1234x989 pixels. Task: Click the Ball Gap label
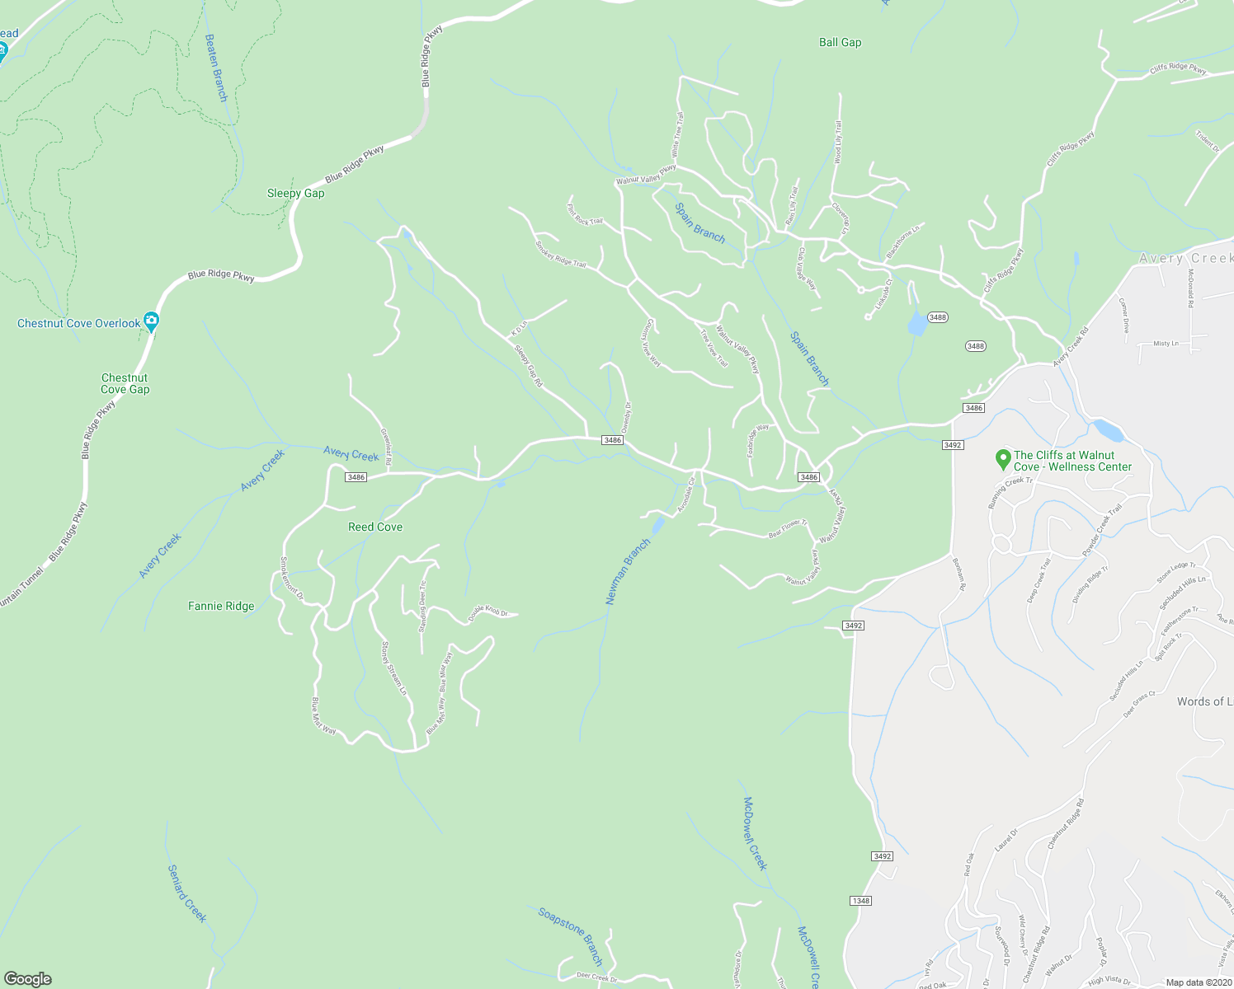tap(840, 43)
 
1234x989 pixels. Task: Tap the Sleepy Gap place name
tap(295, 194)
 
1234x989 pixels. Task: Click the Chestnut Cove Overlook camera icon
tap(151, 321)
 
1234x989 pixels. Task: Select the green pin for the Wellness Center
tap(1003, 458)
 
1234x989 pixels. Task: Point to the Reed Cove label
tap(375, 527)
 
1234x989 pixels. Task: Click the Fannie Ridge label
tap(221, 607)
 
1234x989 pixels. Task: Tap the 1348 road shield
tap(860, 901)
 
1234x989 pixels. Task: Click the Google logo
tap(28, 979)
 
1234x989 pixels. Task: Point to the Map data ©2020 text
tap(1198, 982)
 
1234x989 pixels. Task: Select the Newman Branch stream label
tap(628, 573)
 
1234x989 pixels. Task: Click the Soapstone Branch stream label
tap(571, 936)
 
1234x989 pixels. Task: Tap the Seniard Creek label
tap(187, 893)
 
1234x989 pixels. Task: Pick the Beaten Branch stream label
tap(215, 68)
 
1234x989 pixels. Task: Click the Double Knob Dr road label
tap(487, 613)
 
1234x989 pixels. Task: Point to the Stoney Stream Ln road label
tap(393, 668)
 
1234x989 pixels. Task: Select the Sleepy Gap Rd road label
tap(529, 366)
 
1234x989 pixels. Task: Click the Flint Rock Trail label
tap(584, 215)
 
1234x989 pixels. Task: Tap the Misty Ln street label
tap(1166, 344)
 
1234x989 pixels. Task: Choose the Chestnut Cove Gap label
tap(125, 384)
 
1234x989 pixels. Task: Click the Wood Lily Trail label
tap(838, 143)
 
